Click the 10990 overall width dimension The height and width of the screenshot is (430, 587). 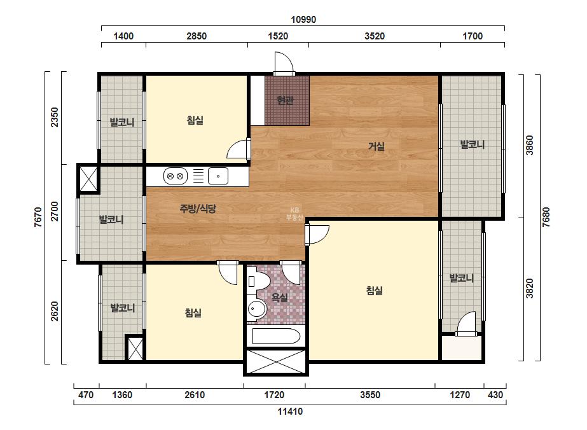pos(303,20)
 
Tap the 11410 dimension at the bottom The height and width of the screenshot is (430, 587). pos(290,412)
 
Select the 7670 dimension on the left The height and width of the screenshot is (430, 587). pos(38,218)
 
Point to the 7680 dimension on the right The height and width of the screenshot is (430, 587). pos(546,218)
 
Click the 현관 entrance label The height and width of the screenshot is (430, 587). pos(286,100)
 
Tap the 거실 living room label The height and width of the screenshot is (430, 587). pos(376,146)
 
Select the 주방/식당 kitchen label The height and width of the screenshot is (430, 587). pos(198,208)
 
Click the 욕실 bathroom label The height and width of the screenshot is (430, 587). pos(279,298)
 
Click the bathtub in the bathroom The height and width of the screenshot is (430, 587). pos(276,336)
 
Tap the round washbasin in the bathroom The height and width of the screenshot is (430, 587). pos(256,309)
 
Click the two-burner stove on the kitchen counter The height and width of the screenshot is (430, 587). pos(175,176)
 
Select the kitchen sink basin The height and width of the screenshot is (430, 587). pos(218,176)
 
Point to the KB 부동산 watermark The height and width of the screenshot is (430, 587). pos(294,214)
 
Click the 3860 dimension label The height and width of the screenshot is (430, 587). pos(529,145)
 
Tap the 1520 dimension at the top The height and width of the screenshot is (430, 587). pos(278,36)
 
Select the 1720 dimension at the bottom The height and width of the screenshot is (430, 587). pos(274,395)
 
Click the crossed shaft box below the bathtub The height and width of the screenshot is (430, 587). pos(275,361)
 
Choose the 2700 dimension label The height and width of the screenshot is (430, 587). pos(55,211)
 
